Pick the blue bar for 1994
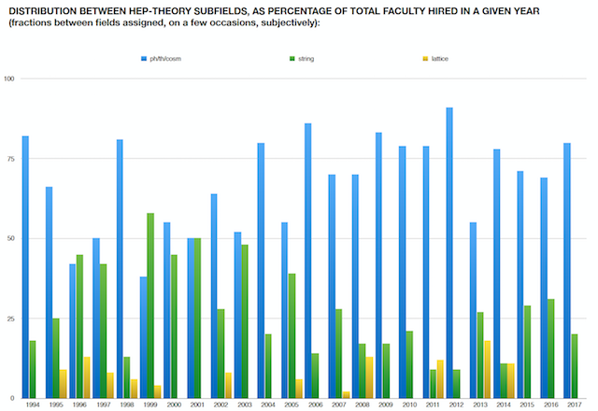pos(25,267)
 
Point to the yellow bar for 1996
pos(87,377)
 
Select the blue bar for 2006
pos(307,261)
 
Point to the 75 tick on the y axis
pos(10,159)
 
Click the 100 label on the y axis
pos(9,78)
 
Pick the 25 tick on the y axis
pos(10,319)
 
